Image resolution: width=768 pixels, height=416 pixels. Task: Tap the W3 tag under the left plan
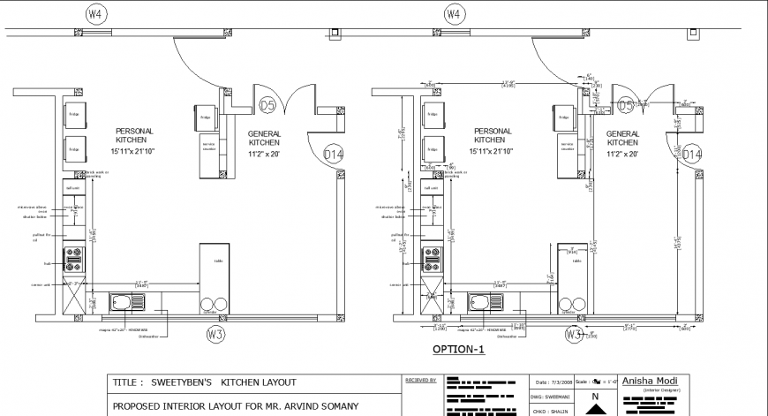point(215,334)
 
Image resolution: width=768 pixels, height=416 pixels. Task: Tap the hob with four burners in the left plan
point(74,260)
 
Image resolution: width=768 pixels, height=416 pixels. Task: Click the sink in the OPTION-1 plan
point(487,303)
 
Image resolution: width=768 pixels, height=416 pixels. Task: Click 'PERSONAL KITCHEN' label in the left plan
point(134,135)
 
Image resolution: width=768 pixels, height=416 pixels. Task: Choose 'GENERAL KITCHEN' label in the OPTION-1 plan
point(623,137)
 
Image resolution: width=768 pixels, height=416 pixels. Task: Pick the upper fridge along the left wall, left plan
point(75,115)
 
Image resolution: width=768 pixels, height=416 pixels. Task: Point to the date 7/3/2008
point(553,382)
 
